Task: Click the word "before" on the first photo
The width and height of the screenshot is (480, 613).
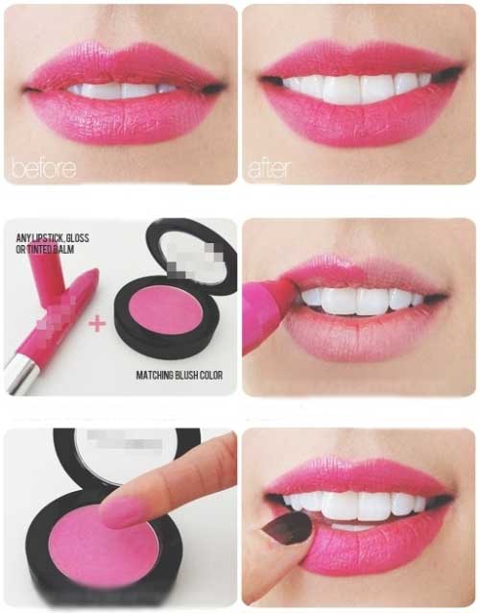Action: [44, 168]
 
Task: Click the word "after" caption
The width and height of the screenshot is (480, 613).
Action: [270, 169]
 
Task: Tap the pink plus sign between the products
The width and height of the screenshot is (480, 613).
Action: [97, 324]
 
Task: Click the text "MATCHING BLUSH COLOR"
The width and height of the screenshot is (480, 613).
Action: [180, 376]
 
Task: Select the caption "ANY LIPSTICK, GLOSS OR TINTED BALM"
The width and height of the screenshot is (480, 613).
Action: [53, 243]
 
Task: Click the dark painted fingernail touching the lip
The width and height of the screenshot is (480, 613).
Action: [288, 528]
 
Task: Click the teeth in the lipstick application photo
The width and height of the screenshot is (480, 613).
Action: [361, 300]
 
